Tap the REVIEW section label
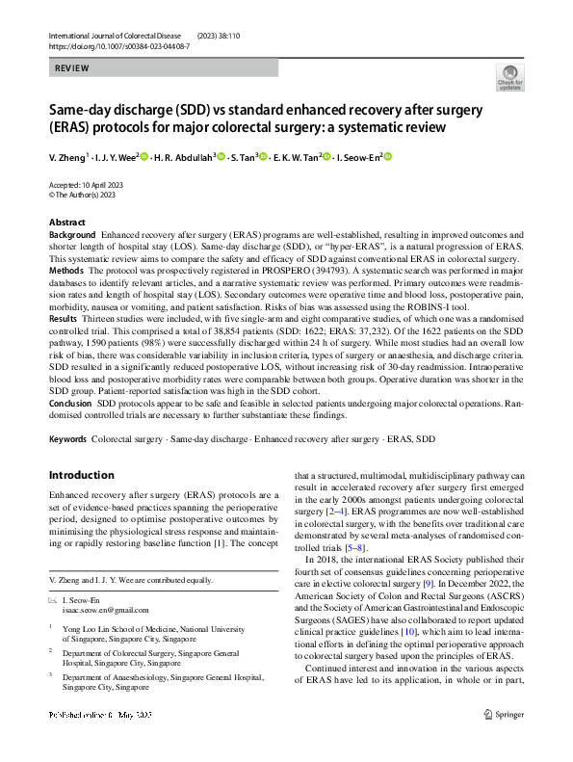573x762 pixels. click(73, 68)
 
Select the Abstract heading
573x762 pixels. click(66, 223)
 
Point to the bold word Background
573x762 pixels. click(72, 235)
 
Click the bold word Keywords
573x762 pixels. click(68, 439)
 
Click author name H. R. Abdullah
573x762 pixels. click(183, 158)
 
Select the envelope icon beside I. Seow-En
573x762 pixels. click(53, 599)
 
